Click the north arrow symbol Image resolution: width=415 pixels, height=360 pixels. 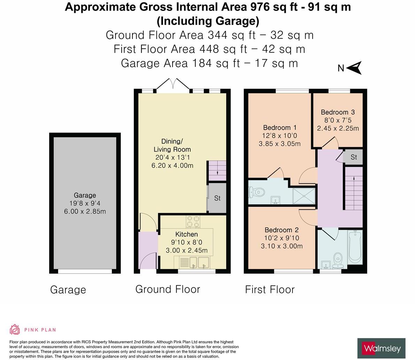click(354, 68)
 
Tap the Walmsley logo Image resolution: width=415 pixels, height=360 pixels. click(381, 348)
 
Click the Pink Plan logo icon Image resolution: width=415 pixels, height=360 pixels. click(15, 329)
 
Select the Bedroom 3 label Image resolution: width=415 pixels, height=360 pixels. click(338, 112)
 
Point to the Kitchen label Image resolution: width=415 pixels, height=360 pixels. click(186, 234)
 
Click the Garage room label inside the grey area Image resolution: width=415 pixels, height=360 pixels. click(85, 195)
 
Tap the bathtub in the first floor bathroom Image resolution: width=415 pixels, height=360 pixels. click(355, 247)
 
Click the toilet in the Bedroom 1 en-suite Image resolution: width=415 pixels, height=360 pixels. click(256, 192)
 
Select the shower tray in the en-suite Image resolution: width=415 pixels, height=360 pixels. click(304, 196)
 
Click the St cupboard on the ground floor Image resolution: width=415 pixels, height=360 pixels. click(217, 198)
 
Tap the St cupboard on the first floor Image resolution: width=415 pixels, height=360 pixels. click(353, 157)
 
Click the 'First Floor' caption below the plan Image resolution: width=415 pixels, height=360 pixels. click(270, 290)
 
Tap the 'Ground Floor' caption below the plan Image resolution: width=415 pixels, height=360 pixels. click(168, 289)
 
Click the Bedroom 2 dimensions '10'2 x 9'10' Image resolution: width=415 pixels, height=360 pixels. click(282, 238)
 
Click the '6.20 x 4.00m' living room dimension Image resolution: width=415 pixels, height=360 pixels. click(172, 166)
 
